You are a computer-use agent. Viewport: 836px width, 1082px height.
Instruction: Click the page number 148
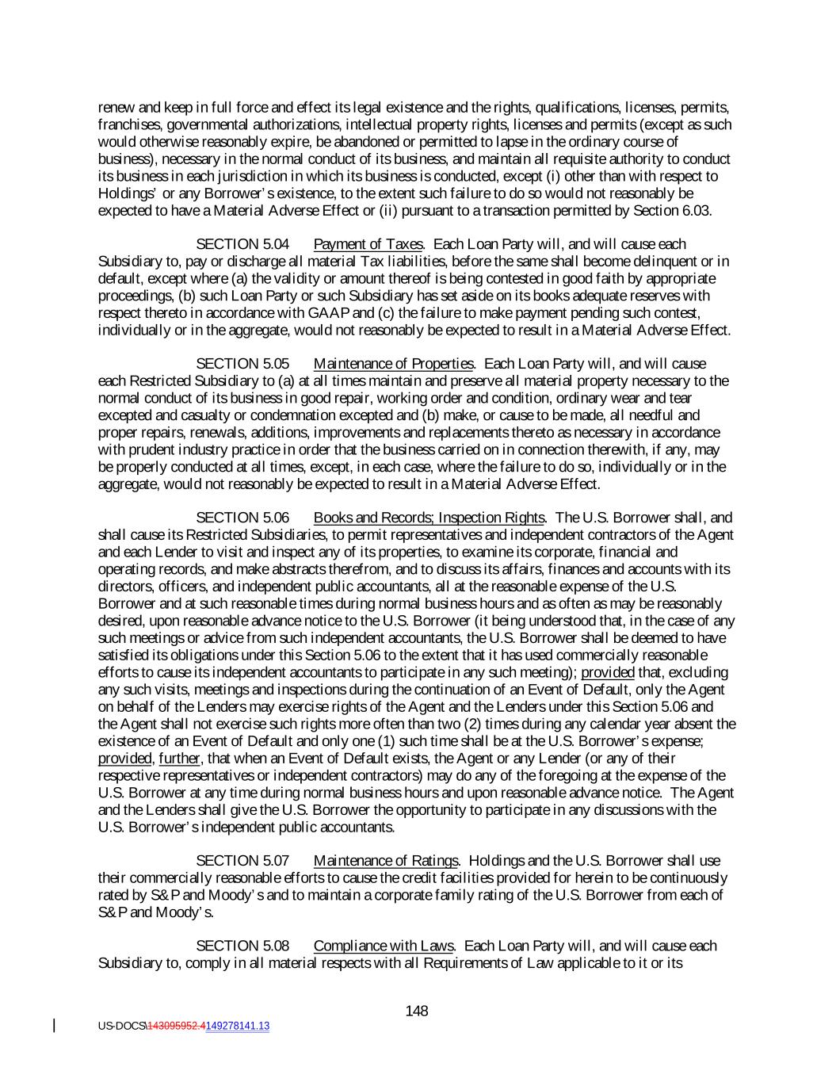coord(417,1011)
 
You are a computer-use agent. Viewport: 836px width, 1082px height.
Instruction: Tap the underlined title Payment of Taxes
coord(368,244)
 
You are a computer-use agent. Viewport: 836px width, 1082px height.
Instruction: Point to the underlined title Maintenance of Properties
coord(393,364)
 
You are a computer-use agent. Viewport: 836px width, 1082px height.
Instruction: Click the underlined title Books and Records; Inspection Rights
coord(429,518)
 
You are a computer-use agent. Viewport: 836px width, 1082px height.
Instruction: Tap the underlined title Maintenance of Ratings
coord(386,861)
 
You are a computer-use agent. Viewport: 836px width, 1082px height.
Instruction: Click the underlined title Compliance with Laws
coord(384,946)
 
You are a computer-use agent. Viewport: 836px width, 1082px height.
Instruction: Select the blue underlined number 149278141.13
coord(237,1026)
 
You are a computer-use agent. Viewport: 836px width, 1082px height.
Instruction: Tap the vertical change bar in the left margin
coord(54,1026)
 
